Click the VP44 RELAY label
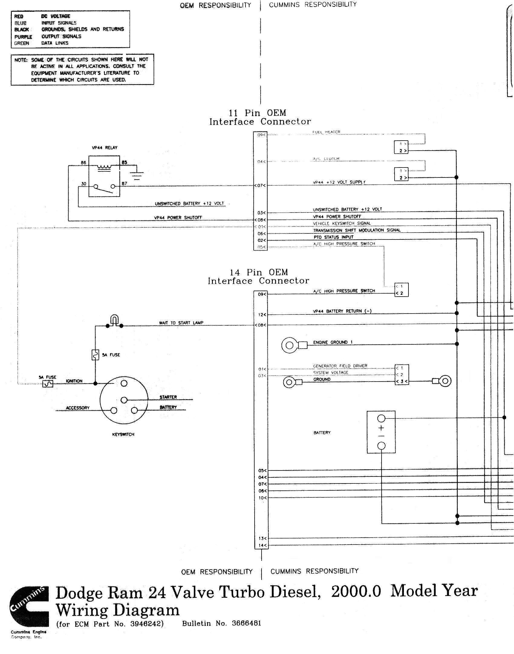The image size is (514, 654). click(x=105, y=148)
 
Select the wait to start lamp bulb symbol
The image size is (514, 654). click(x=114, y=320)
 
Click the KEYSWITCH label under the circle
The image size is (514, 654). click(x=123, y=434)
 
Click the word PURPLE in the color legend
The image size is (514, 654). click(x=23, y=37)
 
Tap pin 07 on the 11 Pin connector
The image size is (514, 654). click(x=260, y=185)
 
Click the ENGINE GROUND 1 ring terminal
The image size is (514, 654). click(x=290, y=345)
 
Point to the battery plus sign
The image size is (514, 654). click(x=381, y=428)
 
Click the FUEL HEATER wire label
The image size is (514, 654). click(x=326, y=132)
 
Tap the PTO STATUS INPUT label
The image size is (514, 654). click(x=333, y=237)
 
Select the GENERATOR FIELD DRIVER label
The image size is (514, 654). click(x=340, y=366)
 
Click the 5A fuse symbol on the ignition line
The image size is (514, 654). click(x=48, y=384)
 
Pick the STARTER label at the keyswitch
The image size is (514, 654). click(x=168, y=397)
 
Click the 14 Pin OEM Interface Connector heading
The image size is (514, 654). click(x=259, y=276)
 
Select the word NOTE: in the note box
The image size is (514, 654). click(x=21, y=60)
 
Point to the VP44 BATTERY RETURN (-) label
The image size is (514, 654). click(x=342, y=311)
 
